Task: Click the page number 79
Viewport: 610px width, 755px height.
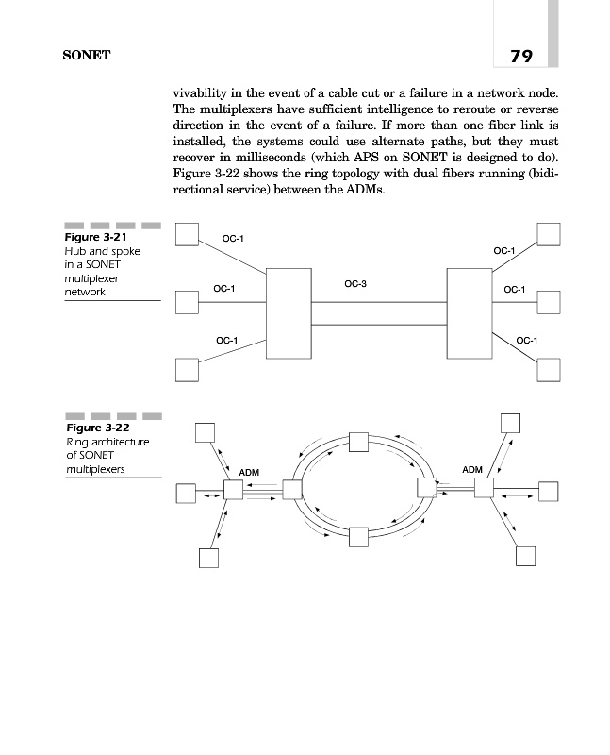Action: tap(521, 56)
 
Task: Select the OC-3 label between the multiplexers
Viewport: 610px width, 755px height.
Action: tap(355, 283)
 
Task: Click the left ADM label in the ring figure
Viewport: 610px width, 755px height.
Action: tap(249, 471)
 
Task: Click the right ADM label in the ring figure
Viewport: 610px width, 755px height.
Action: tap(473, 469)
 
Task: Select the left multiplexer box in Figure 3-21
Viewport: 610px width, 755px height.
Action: tap(289, 312)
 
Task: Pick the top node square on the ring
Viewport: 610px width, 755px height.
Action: tap(358, 442)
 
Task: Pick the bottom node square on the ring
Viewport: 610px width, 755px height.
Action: tap(358, 537)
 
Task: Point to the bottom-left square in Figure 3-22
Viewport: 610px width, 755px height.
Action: tap(208, 558)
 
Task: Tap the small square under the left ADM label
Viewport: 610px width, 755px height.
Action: tap(233, 490)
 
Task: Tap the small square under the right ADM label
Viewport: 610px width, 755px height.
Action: tap(484, 489)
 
